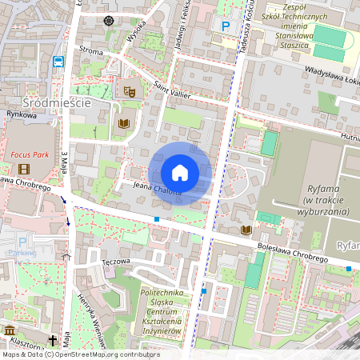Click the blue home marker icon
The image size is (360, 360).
(180, 173)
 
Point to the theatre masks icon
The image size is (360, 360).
(128, 93)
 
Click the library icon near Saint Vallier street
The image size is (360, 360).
(123, 124)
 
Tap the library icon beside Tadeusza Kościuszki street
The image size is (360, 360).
(246, 230)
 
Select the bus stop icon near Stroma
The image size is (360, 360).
(58, 61)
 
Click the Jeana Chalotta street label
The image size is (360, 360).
(157, 189)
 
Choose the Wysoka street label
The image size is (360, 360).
(136, 31)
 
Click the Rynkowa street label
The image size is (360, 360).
(22, 115)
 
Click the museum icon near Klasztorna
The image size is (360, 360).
(10, 330)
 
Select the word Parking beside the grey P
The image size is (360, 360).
(22, 253)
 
